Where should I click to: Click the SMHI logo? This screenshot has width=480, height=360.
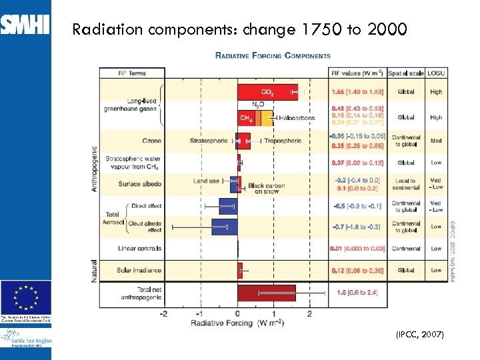25,25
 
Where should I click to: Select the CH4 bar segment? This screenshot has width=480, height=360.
245,118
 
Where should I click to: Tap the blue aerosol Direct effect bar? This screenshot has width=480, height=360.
228,206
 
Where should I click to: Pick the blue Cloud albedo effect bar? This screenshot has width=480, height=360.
224,227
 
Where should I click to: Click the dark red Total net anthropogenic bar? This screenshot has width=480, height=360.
267,293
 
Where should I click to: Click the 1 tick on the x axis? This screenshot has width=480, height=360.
274,313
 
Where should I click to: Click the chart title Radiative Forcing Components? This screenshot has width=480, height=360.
273,56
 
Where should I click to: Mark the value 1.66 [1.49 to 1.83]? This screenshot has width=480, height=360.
357,92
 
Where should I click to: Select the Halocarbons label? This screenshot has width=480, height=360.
297,117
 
